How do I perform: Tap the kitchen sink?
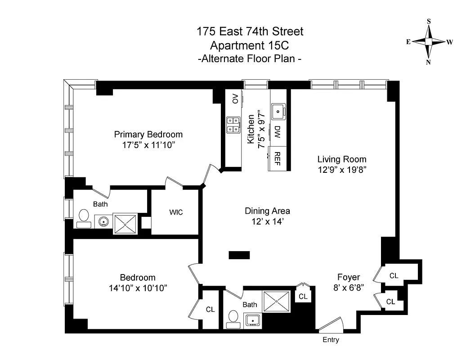[x=278, y=110]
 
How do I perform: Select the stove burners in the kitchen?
[x=233, y=125]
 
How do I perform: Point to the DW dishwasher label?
[x=278, y=132]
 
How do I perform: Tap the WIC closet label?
[x=176, y=212]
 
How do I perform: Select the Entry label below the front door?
[x=331, y=340]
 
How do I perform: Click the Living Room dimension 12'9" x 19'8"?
[x=342, y=170]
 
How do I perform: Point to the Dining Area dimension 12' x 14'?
[x=267, y=221]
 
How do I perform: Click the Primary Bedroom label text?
[x=148, y=134]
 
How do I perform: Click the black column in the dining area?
[x=239, y=255]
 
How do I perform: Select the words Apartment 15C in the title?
[x=250, y=45]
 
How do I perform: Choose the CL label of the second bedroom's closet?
[x=210, y=310]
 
